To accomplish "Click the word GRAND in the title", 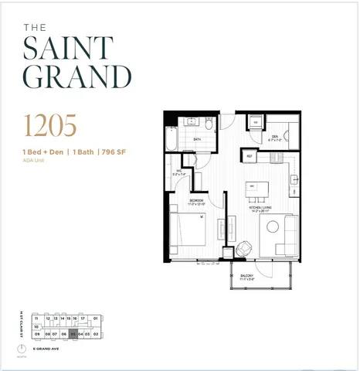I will pyautogui.click(x=76, y=78).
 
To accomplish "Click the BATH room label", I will pyautogui.click(x=198, y=140).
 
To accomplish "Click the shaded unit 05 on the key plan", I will pyautogui.click(x=73, y=335).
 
